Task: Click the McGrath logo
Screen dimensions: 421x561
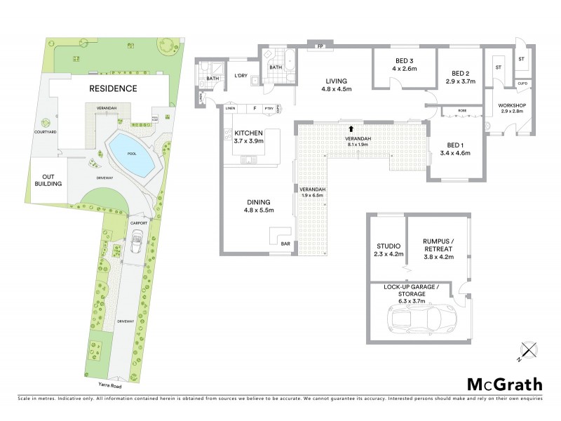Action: pyautogui.click(x=505, y=384)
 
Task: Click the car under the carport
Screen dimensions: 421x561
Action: pyautogui.click(x=136, y=245)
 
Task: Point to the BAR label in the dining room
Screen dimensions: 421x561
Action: pyautogui.click(x=285, y=243)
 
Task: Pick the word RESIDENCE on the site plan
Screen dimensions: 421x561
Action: pyautogui.click(x=112, y=88)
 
